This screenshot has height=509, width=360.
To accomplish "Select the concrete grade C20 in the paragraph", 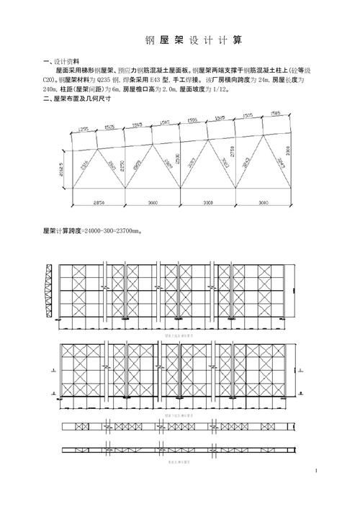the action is [x=50, y=80].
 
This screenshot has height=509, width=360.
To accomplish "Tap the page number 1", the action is [x=315, y=472].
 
